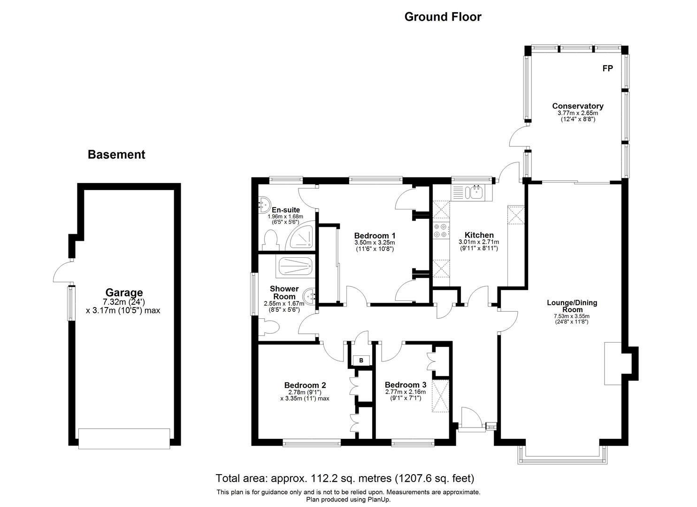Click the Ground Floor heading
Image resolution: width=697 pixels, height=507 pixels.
pyautogui.click(x=443, y=17)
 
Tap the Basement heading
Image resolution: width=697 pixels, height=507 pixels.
pyautogui.click(x=116, y=154)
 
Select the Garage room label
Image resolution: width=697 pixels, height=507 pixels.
pyautogui.click(x=124, y=293)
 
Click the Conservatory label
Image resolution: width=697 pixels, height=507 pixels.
pyautogui.click(x=577, y=106)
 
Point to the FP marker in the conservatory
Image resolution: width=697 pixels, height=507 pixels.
pyautogui.click(x=607, y=69)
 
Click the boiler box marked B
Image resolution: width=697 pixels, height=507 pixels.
pyautogui.click(x=361, y=360)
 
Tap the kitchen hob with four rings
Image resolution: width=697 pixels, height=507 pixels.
pyautogui.click(x=441, y=230)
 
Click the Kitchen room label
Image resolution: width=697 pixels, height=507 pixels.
pyautogui.click(x=479, y=235)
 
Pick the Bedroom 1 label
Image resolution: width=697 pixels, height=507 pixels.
pyautogui.click(x=375, y=236)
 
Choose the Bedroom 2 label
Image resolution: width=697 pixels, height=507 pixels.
pyautogui.click(x=305, y=385)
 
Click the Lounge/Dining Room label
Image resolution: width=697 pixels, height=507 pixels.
pyautogui.click(x=572, y=306)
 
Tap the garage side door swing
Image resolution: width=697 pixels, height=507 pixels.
pyautogui.click(x=62, y=272)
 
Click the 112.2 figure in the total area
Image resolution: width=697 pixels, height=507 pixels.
pyautogui.click(x=322, y=478)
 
